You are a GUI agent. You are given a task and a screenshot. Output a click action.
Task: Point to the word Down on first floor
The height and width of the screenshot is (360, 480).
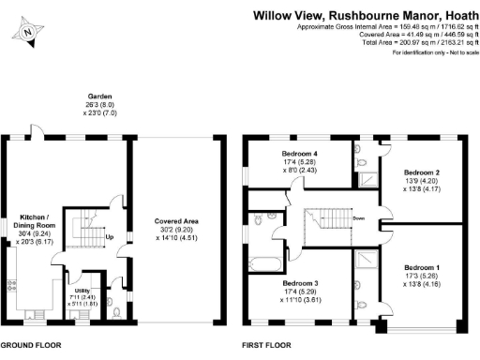pos(358,220)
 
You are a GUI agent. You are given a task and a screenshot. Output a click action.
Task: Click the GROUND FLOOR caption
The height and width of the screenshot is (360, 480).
pos(30,345)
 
